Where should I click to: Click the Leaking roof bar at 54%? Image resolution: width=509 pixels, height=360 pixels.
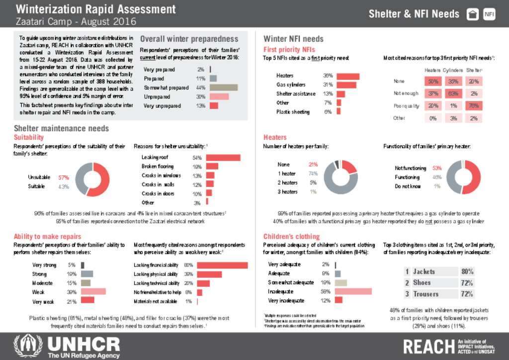(x=223, y=158)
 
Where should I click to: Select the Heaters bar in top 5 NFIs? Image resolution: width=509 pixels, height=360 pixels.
(x=347, y=76)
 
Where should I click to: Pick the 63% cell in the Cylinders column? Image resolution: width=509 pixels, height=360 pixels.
(x=453, y=93)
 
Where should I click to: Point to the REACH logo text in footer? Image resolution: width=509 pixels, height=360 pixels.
(x=428, y=346)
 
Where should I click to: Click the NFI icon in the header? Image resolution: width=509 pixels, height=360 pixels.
(x=489, y=14)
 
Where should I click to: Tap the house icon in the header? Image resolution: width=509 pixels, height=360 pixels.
(x=473, y=14)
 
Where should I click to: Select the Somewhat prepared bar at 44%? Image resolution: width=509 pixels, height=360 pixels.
(x=224, y=88)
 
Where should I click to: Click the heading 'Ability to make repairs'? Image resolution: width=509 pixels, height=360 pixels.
(x=47, y=236)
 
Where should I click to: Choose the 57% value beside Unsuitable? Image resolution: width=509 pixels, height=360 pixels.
(x=63, y=178)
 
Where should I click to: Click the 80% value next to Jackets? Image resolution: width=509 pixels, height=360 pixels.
(x=467, y=272)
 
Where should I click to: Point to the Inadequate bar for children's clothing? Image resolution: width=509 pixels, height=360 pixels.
(x=353, y=291)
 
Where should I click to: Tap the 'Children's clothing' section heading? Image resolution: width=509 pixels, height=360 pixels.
(x=291, y=236)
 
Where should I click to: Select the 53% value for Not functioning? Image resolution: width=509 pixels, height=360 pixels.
(x=437, y=168)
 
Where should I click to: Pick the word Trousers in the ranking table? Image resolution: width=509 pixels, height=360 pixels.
(x=425, y=294)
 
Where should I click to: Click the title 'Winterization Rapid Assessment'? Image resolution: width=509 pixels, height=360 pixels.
(x=95, y=9)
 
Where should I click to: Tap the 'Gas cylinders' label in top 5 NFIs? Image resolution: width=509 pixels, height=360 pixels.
(x=291, y=85)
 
